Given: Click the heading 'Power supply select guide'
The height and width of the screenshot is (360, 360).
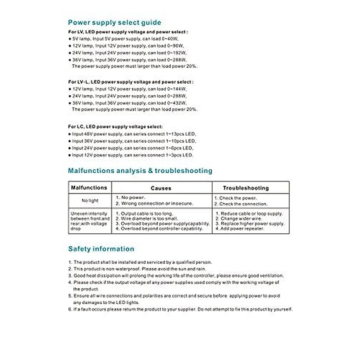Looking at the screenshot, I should [114, 22].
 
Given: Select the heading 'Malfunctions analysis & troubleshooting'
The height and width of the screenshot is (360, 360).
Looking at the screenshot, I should [140, 171].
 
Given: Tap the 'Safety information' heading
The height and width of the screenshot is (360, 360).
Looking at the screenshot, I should [101, 249].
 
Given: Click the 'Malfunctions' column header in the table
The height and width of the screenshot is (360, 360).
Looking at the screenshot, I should [89, 188].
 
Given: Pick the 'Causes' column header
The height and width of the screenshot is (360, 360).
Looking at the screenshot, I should [161, 188].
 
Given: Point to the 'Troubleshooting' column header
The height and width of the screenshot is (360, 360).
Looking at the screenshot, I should [246, 188].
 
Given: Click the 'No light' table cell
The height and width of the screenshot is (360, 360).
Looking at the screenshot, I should [90, 200].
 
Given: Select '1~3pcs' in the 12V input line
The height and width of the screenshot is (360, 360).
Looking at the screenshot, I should [174, 155].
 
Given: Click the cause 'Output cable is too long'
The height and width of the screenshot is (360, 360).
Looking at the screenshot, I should [147, 214].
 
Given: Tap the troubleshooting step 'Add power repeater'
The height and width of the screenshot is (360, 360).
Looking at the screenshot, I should [242, 229].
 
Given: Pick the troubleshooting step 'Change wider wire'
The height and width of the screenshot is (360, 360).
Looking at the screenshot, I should [241, 219].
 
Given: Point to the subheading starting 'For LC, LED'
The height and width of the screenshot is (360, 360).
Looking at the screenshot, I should [115, 127].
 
